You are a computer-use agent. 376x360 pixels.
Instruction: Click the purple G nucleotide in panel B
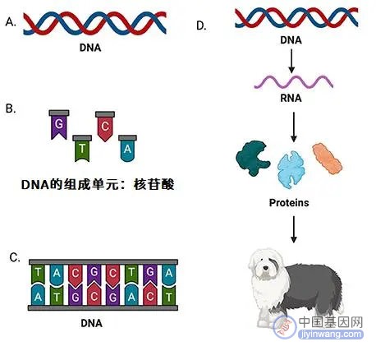click(x=59, y=125)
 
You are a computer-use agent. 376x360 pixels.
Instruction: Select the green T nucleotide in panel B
click(x=82, y=148)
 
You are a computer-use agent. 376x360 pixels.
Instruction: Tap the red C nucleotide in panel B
click(x=105, y=126)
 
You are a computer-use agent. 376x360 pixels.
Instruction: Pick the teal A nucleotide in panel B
click(x=127, y=148)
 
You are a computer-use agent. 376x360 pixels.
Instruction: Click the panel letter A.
click(x=11, y=22)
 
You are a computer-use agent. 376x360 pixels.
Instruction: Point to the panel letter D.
click(x=201, y=25)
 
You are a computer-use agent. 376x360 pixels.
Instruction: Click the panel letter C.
click(x=15, y=257)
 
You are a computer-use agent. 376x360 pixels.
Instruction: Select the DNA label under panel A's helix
click(x=90, y=48)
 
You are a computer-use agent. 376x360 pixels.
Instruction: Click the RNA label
click(x=291, y=98)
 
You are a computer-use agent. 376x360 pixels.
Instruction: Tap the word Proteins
click(x=289, y=203)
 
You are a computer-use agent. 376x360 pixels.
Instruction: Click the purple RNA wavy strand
click(x=294, y=82)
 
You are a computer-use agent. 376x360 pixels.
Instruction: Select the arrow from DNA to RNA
click(x=291, y=61)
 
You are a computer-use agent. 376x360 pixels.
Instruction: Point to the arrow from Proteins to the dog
click(x=294, y=229)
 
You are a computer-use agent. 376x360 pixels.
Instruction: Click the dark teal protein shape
click(x=253, y=158)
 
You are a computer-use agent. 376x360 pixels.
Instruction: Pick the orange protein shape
click(x=328, y=159)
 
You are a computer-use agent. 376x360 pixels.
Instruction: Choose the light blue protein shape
click(x=291, y=170)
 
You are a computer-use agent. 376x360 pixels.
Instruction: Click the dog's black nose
click(x=265, y=268)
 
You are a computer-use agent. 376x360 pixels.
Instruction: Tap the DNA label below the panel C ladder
click(x=91, y=323)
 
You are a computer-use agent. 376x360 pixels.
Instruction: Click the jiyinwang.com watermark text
click(x=331, y=335)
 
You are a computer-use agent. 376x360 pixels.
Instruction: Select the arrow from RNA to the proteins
click(x=294, y=127)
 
